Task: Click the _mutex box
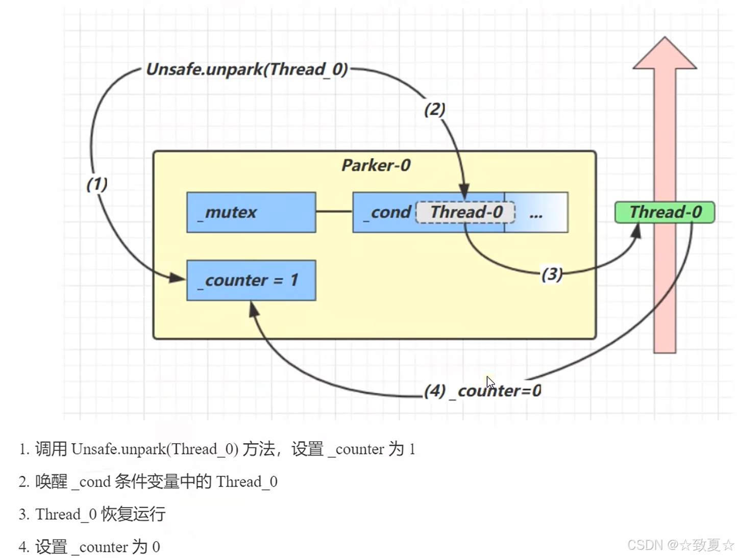251,212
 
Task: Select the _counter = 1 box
251,280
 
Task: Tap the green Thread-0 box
665,212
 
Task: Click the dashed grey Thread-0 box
465,212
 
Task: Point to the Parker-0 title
376,165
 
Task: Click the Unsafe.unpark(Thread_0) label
247,69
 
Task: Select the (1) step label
97,184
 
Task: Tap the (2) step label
435,109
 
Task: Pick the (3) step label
552,274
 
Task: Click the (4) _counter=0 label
483,391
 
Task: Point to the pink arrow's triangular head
665,53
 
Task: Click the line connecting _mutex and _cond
334,211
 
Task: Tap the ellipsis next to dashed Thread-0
536,215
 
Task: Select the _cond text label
387,213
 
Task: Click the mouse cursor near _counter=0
490,383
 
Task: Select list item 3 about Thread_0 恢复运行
92,514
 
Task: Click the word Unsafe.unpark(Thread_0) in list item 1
155,449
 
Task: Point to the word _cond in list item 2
91,482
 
